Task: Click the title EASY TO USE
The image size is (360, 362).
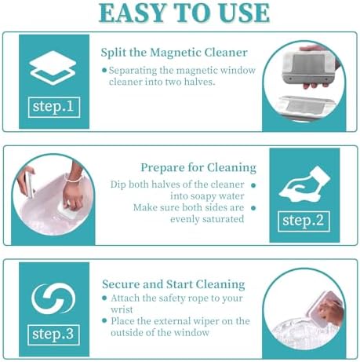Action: click(x=184, y=13)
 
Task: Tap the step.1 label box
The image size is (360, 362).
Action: click(x=54, y=107)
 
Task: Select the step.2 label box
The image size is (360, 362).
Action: click(x=304, y=221)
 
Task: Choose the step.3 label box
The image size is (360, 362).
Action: click(x=53, y=335)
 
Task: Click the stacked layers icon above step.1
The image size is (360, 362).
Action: click(x=53, y=68)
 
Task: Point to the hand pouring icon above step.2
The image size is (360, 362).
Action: click(x=304, y=185)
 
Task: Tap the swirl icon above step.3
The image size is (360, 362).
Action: click(x=53, y=298)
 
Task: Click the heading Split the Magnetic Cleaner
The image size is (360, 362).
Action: click(x=174, y=53)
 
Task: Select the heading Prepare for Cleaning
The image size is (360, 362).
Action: click(x=198, y=168)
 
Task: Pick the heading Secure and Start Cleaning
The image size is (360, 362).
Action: click(x=173, y=284)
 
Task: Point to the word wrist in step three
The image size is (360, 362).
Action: click(x=122, y=309)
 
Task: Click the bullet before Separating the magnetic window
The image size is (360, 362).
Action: click(x=104, y=70)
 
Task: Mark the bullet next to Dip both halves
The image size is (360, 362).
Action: click(x=253, y=185)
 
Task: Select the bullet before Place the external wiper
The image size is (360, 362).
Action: click(x=104, y=320)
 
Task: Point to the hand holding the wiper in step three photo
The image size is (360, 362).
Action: click(x=331, y=311)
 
